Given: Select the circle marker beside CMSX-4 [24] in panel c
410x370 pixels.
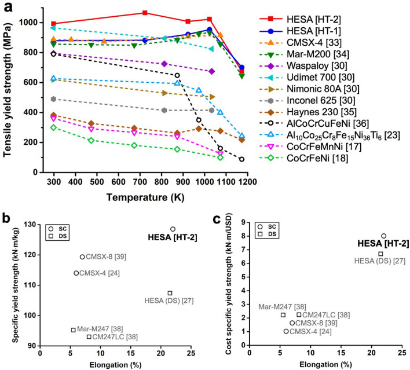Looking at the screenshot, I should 286,331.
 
